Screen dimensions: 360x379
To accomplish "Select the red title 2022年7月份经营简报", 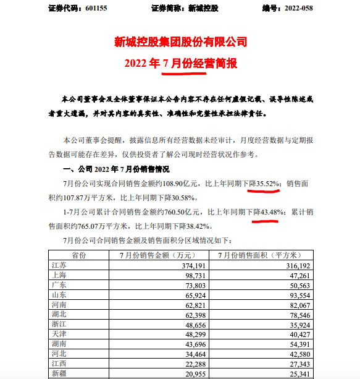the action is point(180,63).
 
